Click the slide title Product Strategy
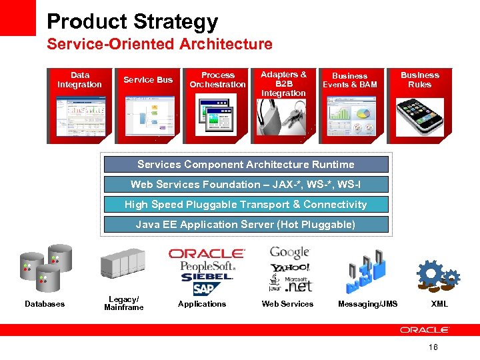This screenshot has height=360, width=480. [132, 21]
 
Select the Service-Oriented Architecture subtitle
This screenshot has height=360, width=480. [159, 45]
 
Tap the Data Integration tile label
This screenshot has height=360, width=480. [79, 80]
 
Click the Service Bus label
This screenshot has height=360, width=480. [148, 80]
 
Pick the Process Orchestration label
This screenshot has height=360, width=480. [217, 80]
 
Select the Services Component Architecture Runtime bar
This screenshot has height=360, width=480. [245, 165]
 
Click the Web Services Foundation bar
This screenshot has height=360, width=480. [245, 185]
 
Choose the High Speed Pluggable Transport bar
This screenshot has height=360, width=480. [245, 205]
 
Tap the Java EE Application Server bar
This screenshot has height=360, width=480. [245, 225]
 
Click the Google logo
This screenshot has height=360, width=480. [289, 253]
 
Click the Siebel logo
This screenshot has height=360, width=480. [207, 277]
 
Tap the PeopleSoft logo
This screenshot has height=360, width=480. [207, 266]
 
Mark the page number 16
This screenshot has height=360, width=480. [433, 347]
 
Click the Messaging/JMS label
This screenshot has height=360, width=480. [367, 304]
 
